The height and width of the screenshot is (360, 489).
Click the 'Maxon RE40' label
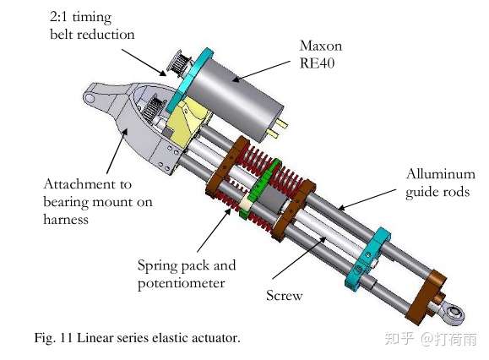pyautogui.click(x=321, y=54)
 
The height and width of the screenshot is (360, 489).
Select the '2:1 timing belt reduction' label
pyautogui.click(x=92, y=25)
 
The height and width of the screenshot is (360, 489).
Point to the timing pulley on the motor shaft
pyautogui.click(x=178, y=63)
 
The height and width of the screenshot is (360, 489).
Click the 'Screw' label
pyautogui.click(x=284, y=295)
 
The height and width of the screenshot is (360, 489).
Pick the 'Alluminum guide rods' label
pyautogui.click(x=441, y=183)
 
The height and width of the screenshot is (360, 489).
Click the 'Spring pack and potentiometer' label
pyautogui.click(x=187, y=274)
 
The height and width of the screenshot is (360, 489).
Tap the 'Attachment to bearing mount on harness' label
pyautogui.click(x=98, y=201)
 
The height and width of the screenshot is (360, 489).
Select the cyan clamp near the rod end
pyautogui.click(x=368, y=259)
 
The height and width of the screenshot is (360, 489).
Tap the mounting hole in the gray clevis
pyautogui.click(x=90, y=98)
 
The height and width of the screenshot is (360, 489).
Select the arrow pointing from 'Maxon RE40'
pyautogui.click(x=261, y=72)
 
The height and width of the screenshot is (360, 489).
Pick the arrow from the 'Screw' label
pyautogui.click(x=299, y=258)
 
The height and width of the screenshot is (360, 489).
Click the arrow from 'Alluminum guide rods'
pyautogui.click(x=367, y=199)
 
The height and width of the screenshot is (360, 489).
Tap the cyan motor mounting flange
pyautogui.click(x=189, y=80)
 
